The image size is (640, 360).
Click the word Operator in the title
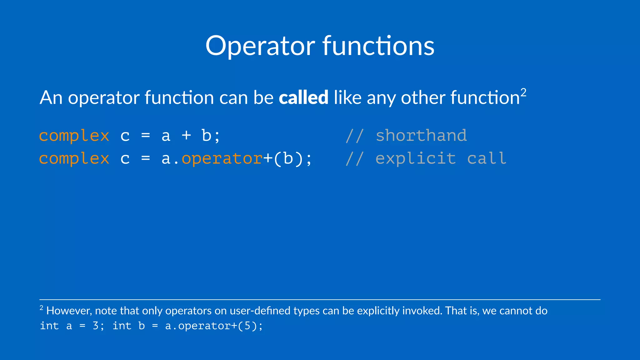[260, 46]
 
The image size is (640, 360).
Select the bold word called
[303, 97]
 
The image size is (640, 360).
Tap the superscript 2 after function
[523, 92]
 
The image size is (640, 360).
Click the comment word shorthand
[421, 136]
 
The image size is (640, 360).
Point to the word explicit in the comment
[416, 158]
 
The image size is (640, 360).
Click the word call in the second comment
[486, 158]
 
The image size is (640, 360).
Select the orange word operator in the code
[222, 158]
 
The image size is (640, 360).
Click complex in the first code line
[74, 136]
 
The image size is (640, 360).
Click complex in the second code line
[74, 158]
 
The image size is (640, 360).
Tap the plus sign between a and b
[186, 136]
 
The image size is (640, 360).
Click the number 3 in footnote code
[96, 326]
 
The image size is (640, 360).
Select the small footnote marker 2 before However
[41, 308]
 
